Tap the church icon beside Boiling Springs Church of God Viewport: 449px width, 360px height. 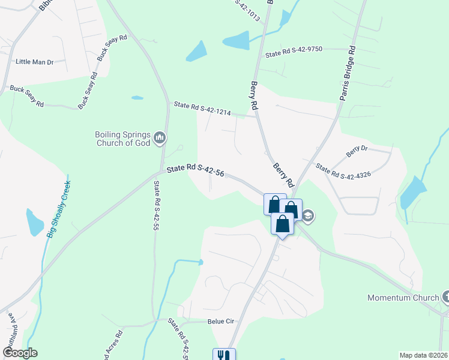point(160,139)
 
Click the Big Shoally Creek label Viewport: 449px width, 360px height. point(58,206)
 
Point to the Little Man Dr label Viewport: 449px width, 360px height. point(35,62)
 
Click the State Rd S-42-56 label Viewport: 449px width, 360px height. point(196,171)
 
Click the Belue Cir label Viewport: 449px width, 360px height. point(220,322)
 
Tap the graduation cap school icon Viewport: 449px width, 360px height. point(308,215)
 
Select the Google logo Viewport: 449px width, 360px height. point(19,353)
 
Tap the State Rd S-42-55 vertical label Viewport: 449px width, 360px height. point(156,207)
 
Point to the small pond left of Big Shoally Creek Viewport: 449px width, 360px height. point(34,222)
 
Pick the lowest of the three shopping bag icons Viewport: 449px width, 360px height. point(283,224)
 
